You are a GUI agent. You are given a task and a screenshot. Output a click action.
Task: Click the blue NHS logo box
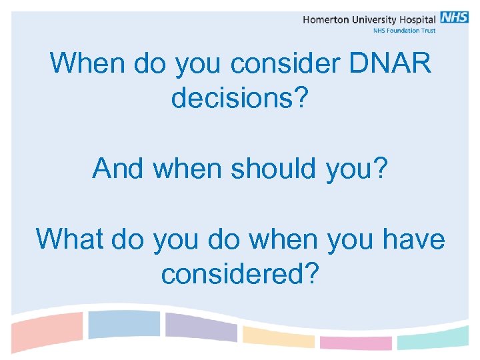pos(454,17)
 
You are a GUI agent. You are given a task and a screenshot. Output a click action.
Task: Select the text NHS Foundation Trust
pos(403,31)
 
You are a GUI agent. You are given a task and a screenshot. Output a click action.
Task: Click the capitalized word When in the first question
pos(87,64)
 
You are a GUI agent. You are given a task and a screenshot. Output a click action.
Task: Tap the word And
pos(118,168)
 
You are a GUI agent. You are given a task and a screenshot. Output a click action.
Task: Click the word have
pos(413,239)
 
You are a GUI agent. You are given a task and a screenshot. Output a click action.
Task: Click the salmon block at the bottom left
pos(47,327)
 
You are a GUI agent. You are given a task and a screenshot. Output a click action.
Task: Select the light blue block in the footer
pos(124,324)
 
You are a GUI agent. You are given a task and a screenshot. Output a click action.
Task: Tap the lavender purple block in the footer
pos(200,327)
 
